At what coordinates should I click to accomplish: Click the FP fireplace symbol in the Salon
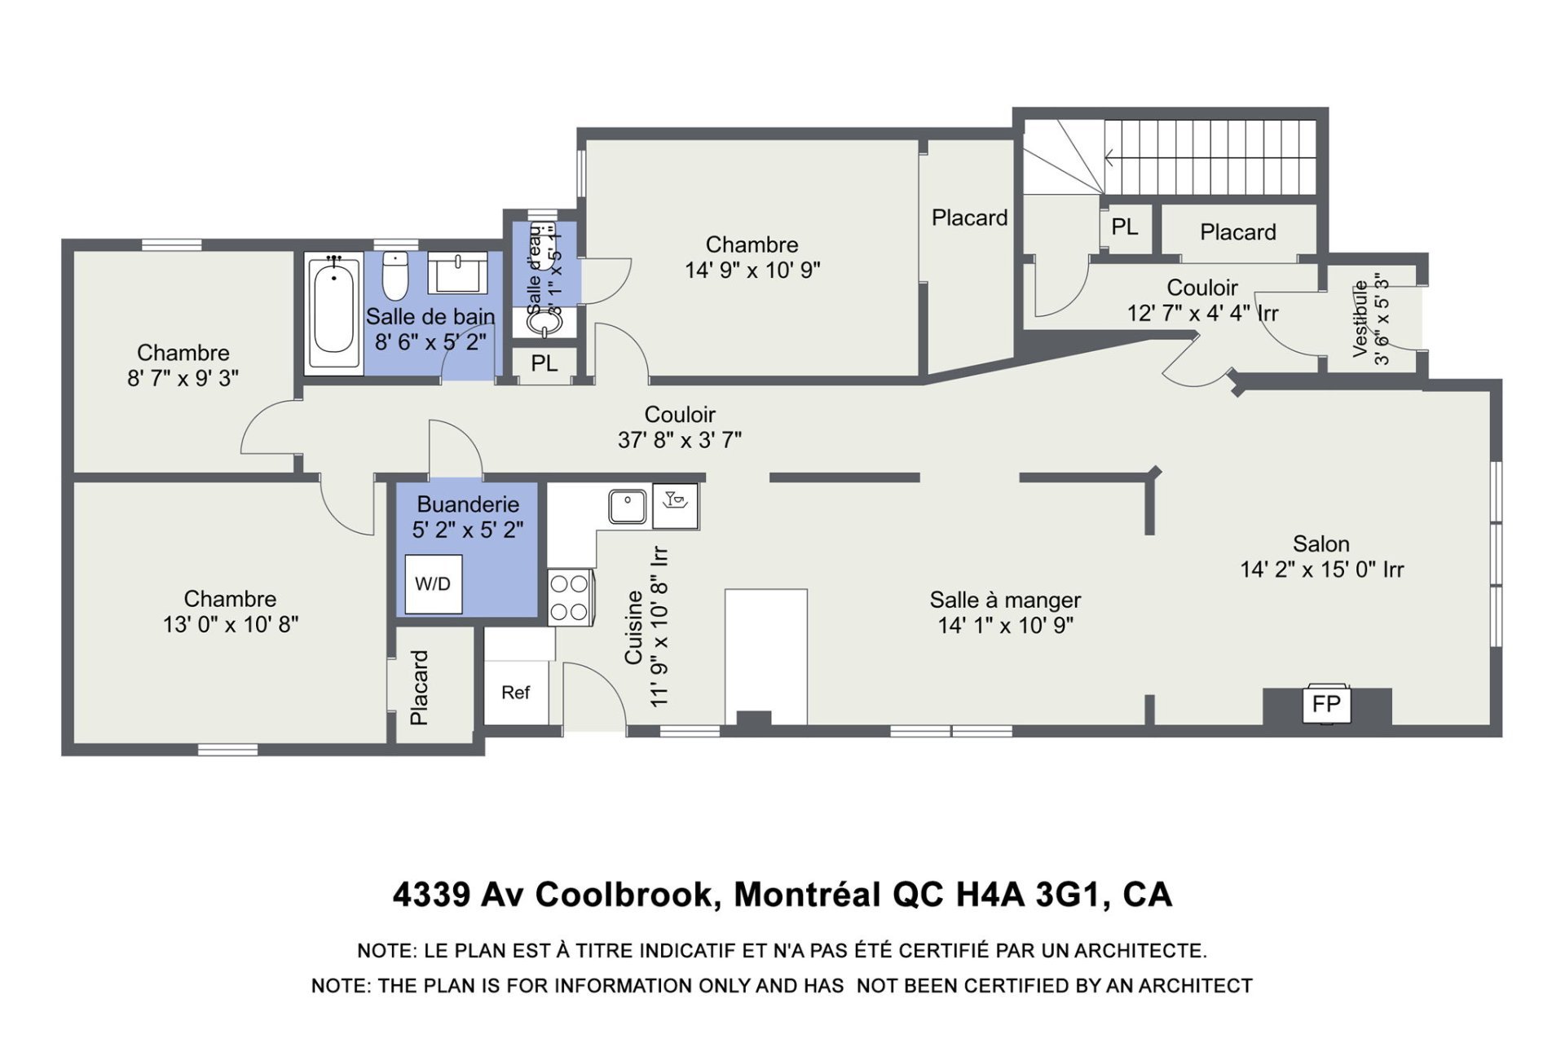(x=1326, y=703)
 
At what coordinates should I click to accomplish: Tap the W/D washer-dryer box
(x=434, y=583)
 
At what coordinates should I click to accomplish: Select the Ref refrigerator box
(x=516, y=692)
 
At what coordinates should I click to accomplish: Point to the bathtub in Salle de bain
(x=333, y=313)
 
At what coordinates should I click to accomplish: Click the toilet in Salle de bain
(x=395, y=276)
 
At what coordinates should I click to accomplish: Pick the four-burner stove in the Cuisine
(x=570, y=597)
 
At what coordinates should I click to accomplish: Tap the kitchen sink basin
(x=628, y=506)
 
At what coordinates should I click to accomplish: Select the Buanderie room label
(x=468, y=504)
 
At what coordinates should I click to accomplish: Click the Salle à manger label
(x=1005, y=601)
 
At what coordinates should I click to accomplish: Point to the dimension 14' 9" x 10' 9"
(x=752, y=271)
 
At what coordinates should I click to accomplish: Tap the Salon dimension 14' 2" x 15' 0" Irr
(x=1322, y=570)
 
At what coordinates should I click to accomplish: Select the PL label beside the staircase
(x=1125, y=227)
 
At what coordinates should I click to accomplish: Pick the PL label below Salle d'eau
(x=544, y=363)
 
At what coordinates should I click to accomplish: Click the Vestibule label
(x=1360, y=319)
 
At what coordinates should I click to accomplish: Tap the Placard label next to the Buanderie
(x=419, y=687)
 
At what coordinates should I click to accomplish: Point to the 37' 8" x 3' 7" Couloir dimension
(x=680, y=441)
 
